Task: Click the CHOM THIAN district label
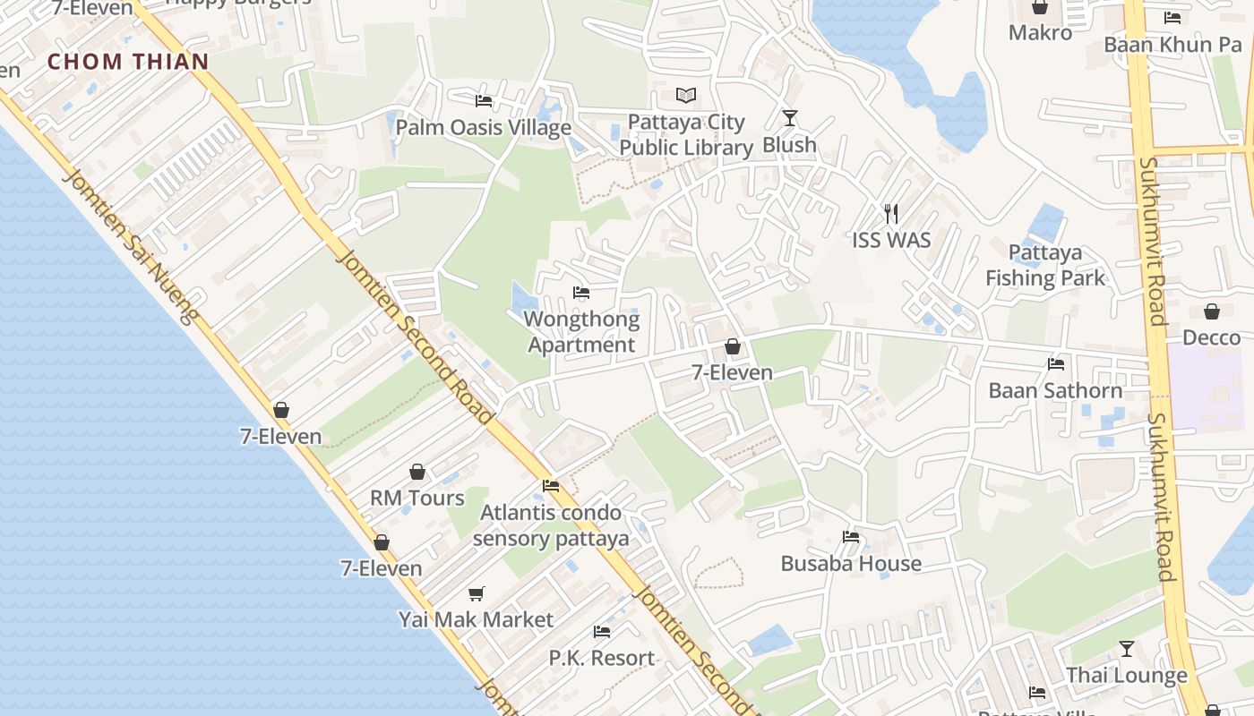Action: [x=128, y=62]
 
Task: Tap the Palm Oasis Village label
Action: [x=483, y=127]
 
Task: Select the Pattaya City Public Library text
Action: [x=686, y=135]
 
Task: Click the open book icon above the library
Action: [x=686, y=95]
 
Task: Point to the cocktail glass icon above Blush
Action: [x=789, y=117]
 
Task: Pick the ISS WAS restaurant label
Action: [x=891, y=240]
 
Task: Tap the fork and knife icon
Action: [x=891, y=213]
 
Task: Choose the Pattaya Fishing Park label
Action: [x=1045, y=265]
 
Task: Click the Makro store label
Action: [x=1040, y=33]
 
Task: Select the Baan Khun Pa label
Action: [x=1172, y=45]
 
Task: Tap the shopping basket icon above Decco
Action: [x=1212, y=311]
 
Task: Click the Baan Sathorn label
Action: [x=1055, y=390]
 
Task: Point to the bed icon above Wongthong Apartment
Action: [x=581, y=293]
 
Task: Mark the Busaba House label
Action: [x=851, y=563]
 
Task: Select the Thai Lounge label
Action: [x=1126, y=675]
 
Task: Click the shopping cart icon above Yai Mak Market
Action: [x=477, y=593]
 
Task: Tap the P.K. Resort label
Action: [x=602, y=658]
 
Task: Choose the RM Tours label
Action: [x=417, y=498]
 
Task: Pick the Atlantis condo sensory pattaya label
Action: [x=551, y=525]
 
